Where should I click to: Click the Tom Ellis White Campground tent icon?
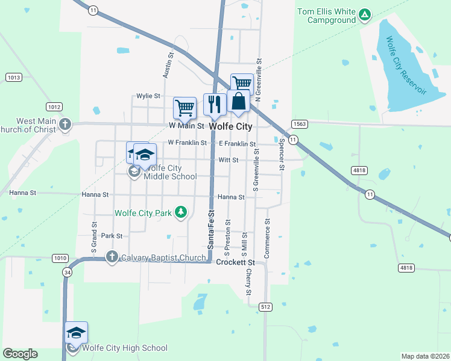364,14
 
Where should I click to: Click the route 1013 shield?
13,77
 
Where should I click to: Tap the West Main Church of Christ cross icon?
66,125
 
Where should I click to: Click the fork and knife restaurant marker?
215,104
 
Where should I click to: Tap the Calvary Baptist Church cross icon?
112,258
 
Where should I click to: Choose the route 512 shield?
265,307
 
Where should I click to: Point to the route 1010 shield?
60,258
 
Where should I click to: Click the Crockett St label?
236,263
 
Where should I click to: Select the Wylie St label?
148,96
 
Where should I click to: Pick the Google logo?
20,354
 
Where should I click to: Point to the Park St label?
112,236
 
